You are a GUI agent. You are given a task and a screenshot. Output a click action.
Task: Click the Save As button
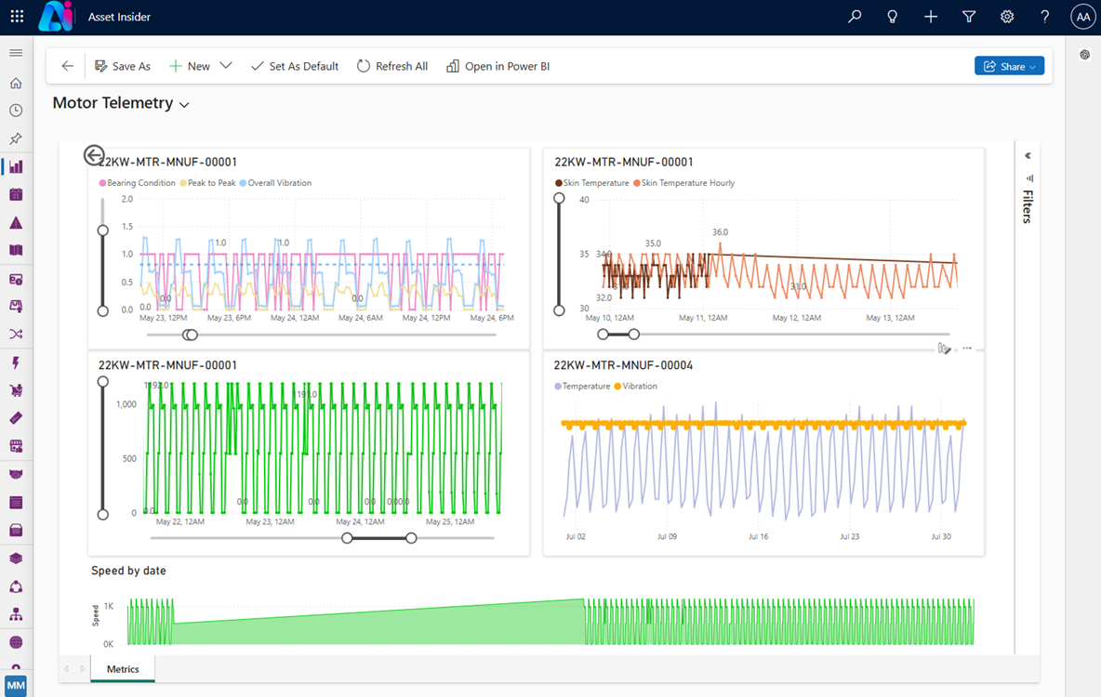123,66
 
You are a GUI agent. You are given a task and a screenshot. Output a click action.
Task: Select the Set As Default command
295,66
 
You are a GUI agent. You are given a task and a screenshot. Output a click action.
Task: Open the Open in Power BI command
498,66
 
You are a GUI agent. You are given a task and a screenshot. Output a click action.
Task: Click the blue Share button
1009,66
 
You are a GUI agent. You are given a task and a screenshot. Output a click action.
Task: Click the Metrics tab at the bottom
123,669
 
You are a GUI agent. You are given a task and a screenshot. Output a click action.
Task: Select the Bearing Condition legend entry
139,183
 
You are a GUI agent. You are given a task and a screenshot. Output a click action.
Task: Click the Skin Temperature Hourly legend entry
686,183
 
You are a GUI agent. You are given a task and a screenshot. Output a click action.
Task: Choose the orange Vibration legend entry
639,386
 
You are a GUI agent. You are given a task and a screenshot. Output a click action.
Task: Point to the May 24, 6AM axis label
362,318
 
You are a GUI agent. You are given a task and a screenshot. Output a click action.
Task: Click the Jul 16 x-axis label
759,536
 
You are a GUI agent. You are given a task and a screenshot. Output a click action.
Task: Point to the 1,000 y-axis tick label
125,404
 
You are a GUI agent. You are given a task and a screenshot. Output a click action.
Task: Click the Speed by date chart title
128,571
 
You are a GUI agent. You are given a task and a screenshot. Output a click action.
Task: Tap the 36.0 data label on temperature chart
720,232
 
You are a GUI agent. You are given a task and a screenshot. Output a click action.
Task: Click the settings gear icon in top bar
1007,17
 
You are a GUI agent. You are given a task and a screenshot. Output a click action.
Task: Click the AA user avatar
1082,17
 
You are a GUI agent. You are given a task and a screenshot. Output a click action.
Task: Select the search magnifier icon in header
855,17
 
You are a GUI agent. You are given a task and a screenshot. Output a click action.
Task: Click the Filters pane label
1028,206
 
